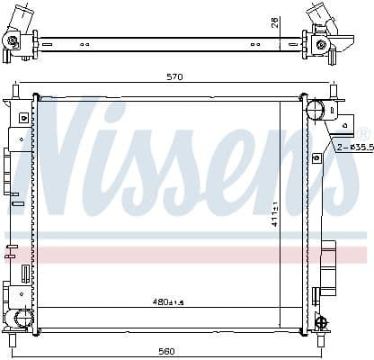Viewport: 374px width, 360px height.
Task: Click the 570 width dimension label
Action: (174, 76)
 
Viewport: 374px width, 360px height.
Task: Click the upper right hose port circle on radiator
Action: (315, 111)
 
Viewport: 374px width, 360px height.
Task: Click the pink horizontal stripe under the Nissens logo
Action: (180, 254)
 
